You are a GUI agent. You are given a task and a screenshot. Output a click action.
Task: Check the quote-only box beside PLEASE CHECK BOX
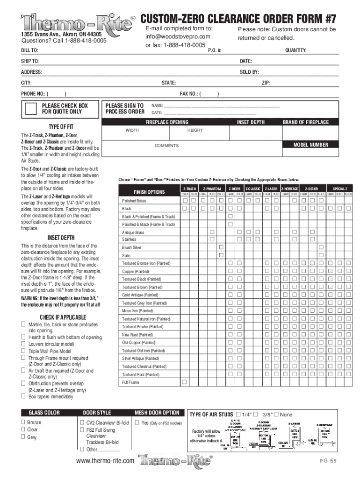click(x=31, y=109)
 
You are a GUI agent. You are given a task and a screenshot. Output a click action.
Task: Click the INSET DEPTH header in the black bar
click(x=251, y=122)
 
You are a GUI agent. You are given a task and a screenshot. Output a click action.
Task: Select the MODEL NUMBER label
click(x=310, y=145)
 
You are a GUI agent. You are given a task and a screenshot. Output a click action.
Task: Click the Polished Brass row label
click(x=134, y=201)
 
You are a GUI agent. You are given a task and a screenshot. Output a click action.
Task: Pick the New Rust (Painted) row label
click(x=137, y=335)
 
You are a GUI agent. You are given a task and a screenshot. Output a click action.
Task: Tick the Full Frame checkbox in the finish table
click(x=185, y=382)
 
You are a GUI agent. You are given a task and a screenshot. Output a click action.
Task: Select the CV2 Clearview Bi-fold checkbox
click(x=82, y=422)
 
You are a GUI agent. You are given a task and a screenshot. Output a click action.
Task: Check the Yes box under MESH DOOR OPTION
click(x=137, y=422)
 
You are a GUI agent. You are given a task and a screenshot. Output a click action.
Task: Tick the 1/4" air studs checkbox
click(x=239, y=414)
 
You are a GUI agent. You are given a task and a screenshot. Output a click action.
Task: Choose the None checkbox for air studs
click(x=276, y=414)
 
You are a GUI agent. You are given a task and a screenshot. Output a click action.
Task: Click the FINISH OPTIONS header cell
click(x=149, y=192)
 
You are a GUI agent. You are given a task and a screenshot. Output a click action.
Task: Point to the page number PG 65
click(x=327, y=461)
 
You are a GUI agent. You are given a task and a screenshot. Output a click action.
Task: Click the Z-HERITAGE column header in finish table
click(x=289, y=189)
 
